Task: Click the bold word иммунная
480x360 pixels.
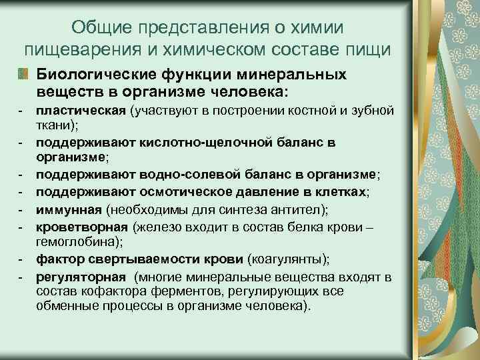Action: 68,211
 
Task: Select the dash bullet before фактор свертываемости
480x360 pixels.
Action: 21,259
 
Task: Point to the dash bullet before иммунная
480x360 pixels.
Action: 21,211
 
